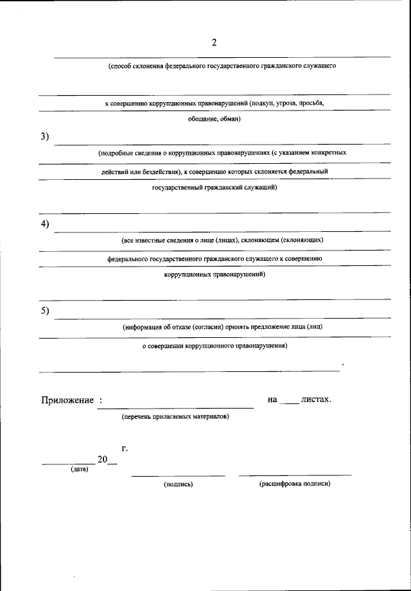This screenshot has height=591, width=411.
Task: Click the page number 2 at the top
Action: [x=214, y=43]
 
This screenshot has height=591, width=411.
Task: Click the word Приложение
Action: [x=67, y=400]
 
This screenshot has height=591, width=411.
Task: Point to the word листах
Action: [x=316, y=400]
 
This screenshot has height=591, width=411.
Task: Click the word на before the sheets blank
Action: [x=272, y=400]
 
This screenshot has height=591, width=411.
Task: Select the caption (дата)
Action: [x=80, y=468]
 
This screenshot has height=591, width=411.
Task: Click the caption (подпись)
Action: [x=178, y=484]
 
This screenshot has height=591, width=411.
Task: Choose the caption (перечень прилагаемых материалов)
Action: [x=175, y=416]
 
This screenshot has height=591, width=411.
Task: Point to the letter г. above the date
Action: [x=124, y=448]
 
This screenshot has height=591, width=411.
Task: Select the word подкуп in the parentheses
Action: [x=264, y=103]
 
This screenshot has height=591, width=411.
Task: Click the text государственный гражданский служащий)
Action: [x=214, y=188]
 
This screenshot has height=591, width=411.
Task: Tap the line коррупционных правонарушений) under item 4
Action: [x=214, y=274]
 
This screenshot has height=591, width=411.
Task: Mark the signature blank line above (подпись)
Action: [x=178, y=475]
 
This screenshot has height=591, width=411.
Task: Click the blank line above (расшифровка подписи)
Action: [x=295, y=475]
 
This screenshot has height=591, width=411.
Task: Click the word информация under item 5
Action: [x=144, y=327]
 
